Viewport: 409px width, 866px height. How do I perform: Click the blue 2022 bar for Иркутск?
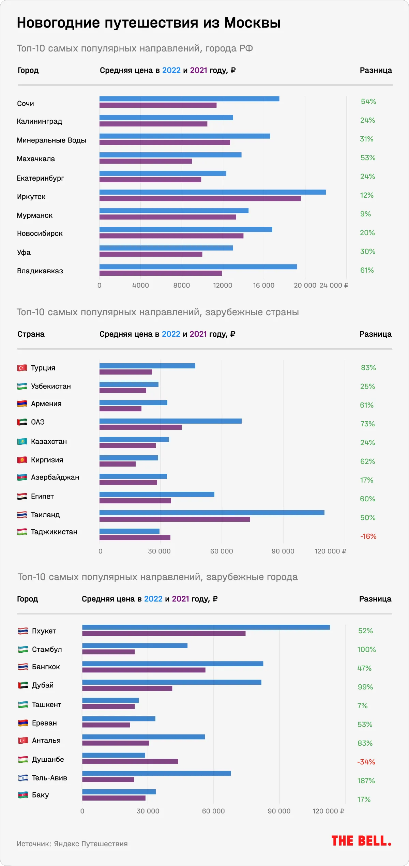click(212, 192)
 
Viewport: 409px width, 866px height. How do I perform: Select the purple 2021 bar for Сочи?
click(158, 105)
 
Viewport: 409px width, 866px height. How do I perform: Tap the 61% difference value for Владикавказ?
click(367, 270)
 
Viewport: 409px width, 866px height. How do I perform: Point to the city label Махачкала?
click(36, 159)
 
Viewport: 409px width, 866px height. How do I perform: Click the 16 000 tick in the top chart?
click(263, 285)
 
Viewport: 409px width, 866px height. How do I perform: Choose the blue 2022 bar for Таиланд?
click(212, 513)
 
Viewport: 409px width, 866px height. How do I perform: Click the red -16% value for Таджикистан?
click(368, 536)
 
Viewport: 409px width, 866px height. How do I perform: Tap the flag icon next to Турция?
click(22, 368)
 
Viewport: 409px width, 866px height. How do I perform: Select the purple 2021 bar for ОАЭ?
click(140, 427)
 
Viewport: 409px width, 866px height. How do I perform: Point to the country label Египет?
click(42, 497)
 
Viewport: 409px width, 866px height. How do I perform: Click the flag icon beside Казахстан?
click(22, 442)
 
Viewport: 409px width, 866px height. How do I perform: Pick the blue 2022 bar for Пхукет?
click(206, 627)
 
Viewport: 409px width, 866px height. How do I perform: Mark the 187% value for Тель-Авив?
click(366, 781)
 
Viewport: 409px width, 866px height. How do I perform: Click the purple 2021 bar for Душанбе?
click(130, 762)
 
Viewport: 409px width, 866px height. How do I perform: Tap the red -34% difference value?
click(366, 762)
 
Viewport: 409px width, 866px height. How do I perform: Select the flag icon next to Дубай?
click(23, 685)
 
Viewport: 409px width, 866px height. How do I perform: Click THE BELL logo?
click(361, 841)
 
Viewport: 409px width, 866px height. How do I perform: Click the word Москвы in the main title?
click(252, 23)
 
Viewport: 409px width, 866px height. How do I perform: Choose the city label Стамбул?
click(47, 650)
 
